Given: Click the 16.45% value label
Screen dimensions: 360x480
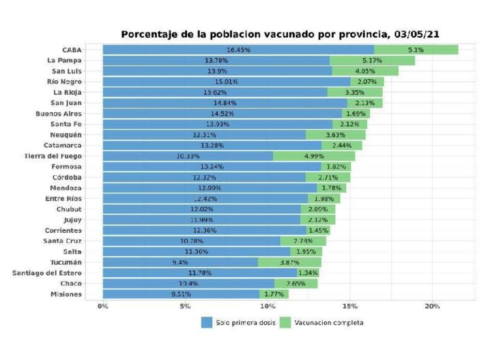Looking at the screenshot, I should tap(239, 50).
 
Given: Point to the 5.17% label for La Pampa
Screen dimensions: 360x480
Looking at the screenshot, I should tap(372, 60).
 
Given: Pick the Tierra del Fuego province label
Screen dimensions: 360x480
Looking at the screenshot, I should tap(53, 156).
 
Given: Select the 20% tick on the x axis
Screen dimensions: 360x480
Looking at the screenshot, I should tap(432, 306).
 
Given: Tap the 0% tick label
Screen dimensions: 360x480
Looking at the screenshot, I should tap(103, 306).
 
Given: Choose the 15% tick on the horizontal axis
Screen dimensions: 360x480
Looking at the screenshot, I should tap(350, 306).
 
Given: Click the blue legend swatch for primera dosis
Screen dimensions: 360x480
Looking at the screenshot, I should tap(207, 322).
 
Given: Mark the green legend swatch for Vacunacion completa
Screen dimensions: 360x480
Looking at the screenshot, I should tap(285, 322).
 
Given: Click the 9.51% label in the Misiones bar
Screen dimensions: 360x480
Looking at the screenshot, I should tap(181, 294).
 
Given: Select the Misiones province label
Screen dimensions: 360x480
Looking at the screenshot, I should tap(66, 294).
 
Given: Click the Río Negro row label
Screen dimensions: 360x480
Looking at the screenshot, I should tap(64, 81).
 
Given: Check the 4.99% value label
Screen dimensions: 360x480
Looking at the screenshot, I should tap(314, 156).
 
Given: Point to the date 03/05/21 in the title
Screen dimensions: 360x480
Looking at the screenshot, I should tap(417, 34).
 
